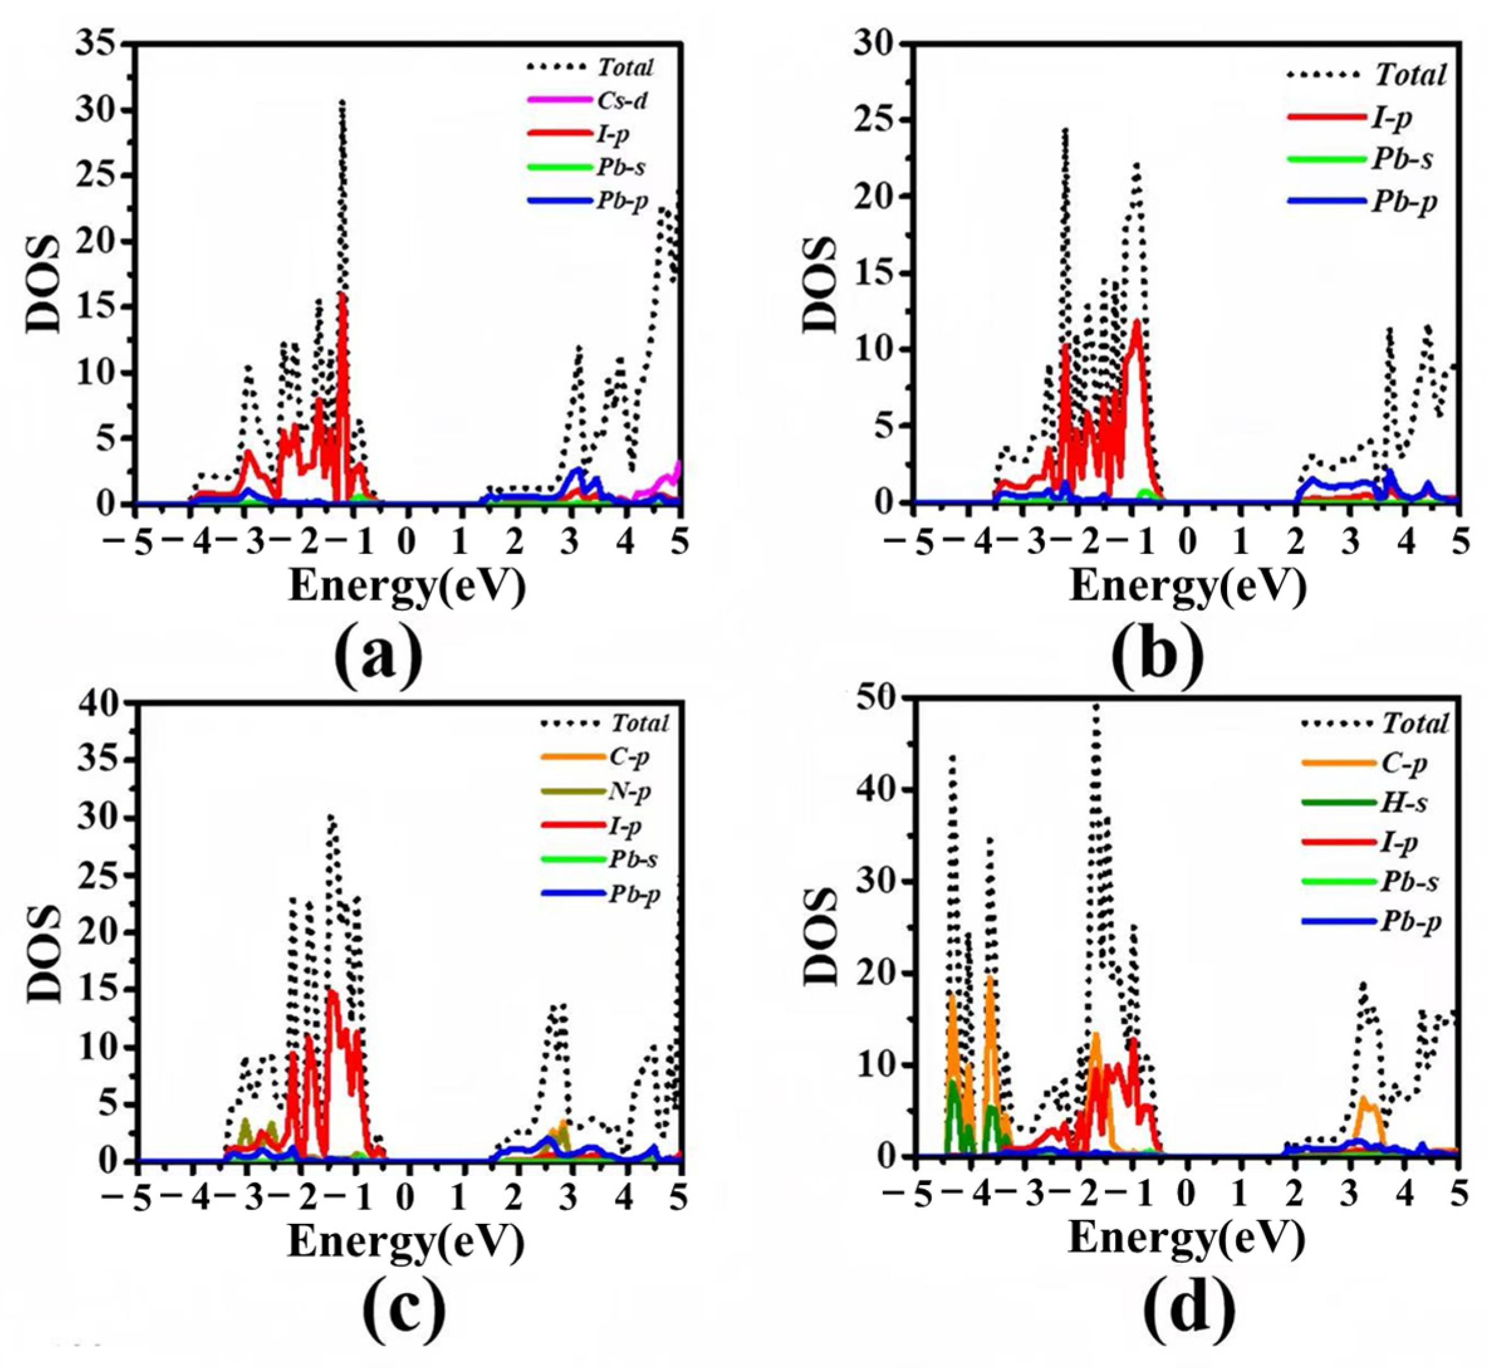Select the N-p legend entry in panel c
629,792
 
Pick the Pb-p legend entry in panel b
1403,201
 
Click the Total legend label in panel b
1410,75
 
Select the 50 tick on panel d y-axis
877,699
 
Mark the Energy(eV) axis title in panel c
406,1241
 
